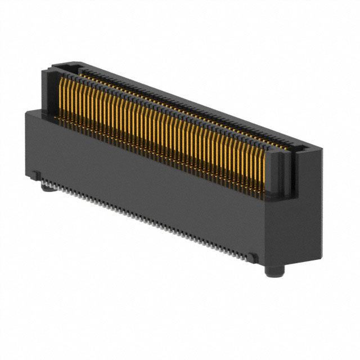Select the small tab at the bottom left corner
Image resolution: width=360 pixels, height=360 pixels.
(35, 176)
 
